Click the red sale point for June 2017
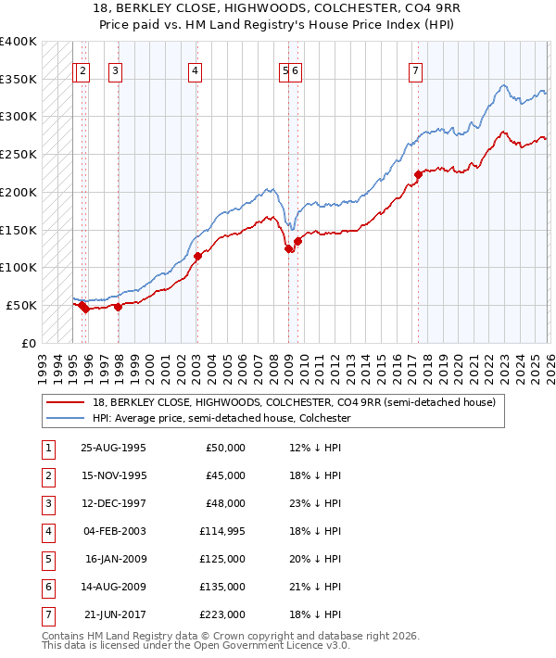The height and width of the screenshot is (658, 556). click(418, 174)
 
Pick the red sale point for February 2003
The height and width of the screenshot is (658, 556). click(196, 256)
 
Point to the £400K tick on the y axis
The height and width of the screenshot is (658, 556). click(19, 42)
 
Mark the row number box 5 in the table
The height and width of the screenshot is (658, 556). click(47, 559)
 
